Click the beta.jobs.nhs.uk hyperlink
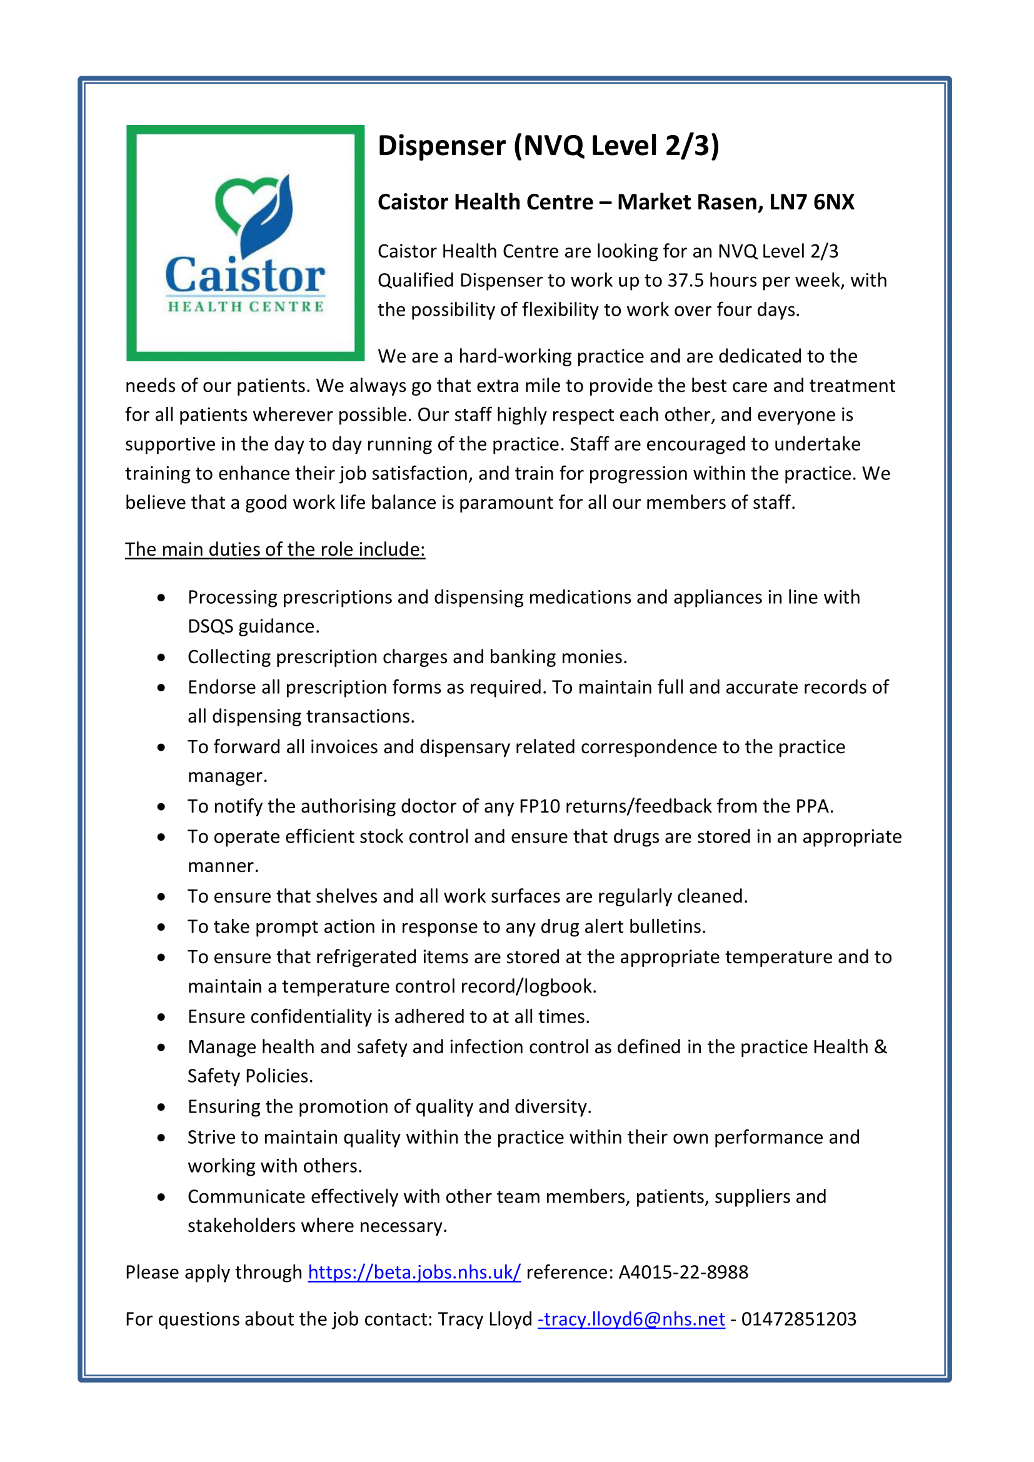(414, 1272)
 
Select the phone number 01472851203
(798, 1319)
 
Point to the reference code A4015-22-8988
(683, 1272)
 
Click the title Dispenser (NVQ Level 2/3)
(548, 146)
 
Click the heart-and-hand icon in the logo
(254, 213)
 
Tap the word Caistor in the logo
(245, 276)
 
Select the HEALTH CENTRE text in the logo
(246, 307)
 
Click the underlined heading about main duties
(275, 549)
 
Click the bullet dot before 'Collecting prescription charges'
(162, 657)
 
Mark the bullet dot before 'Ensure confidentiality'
(162, 1017)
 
